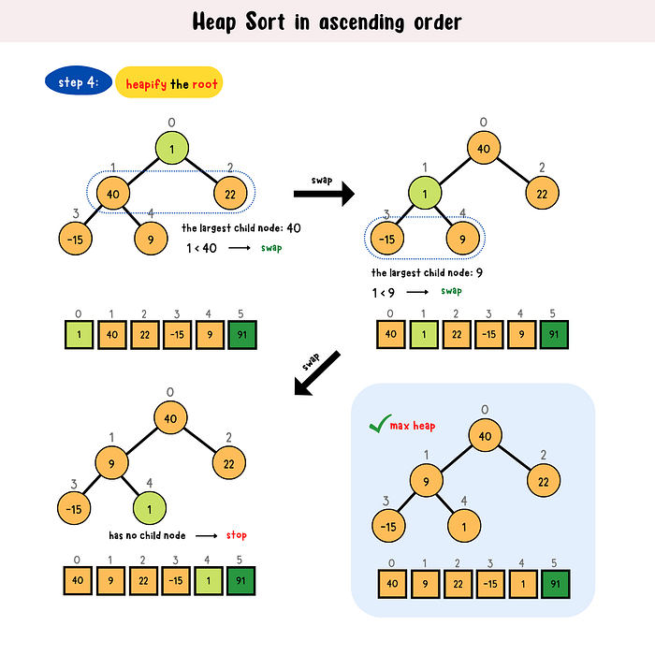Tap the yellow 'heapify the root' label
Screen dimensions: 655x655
pyautogui.click(x=169, y=83)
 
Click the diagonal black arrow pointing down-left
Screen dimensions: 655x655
pyautogui.click(x=318, y=374)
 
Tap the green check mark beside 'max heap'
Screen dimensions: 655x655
pyautogui.click(x=377, y=426)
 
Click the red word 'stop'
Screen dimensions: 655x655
pyautogui.click(x=236, y=535)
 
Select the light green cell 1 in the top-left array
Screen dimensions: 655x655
pyautogui.click(x=81, y=334)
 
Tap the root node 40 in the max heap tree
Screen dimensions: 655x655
pyautogui.click(x=483, y=434)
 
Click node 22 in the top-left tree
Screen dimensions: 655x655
pyautogui.click(x=229, y=194)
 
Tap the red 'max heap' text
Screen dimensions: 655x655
pyautogui.click(x=413, y=426)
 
